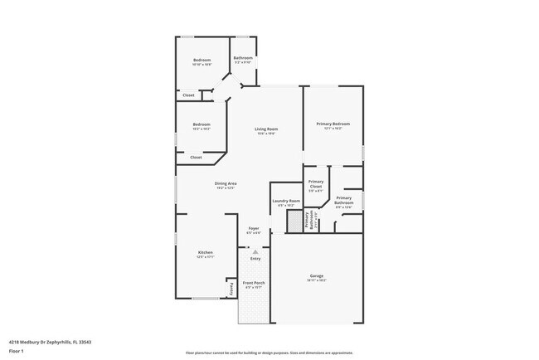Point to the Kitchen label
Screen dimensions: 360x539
pyautogui.click(x=205, y=252)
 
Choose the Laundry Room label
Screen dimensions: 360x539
pyautogui.click(x=284, y=201)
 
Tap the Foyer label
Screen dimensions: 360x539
pyautogui.click(x=254, y=228)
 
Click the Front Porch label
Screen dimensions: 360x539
pyautogui.click(x=254, y=284)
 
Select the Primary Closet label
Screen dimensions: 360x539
pyautogui.click(x=316, y=183)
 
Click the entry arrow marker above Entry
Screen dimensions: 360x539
pyautogui.click(x=255, y=251)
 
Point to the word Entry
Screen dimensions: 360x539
pyautogui.click(x=255, y=259)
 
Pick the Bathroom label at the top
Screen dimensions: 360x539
pyautogui.click(x=242, y=58)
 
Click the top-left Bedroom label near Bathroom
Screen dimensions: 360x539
pyautogui.click(x=202, y=60)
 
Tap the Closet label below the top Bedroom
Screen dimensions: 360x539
pyautogui.click(x=189, y=95)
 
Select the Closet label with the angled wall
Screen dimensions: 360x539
pyautogui.click(x=196, y=157)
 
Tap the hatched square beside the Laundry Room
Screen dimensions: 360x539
pyautogui.click(x=294, y=221)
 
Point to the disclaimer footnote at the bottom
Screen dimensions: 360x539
pyautogui.click(x=269, y=352)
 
